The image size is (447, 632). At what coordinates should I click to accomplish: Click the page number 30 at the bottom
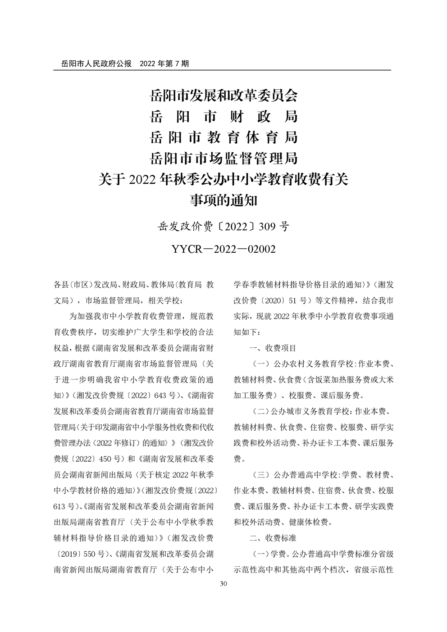click(223, 584)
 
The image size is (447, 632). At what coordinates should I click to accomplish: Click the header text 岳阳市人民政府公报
click(92, 64)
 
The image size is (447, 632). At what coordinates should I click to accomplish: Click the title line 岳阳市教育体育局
click(223, 137)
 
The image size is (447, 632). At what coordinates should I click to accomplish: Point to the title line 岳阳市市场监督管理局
click(223, 158)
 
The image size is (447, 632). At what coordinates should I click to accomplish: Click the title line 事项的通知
click(223, 200)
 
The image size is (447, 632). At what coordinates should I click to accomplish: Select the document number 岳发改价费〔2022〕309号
click(223, 227)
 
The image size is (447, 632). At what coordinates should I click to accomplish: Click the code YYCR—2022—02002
click(223, 249)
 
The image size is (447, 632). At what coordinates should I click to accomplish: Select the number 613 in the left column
click(60, 506)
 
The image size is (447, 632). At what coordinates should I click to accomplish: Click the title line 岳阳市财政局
click(223, 116)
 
